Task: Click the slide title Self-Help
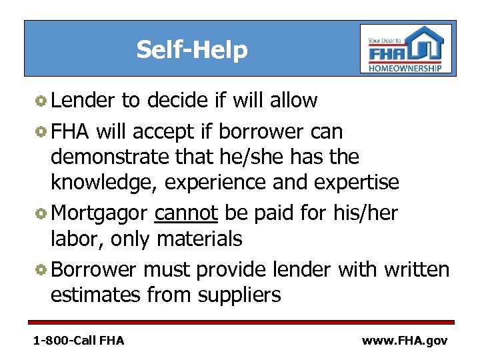191,49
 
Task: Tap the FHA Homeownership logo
406,49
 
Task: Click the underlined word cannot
186,213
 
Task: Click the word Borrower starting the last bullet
93,269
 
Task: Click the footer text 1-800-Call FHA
79,340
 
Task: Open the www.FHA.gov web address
404,340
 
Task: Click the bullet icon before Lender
41,101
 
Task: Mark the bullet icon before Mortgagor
41,213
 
